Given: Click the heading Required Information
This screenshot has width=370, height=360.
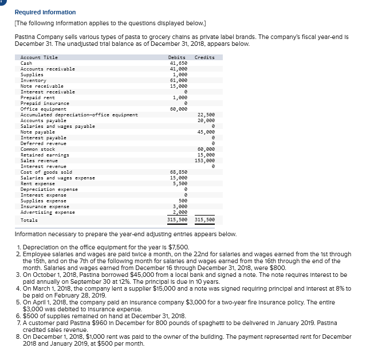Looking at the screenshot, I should tap(45, 12).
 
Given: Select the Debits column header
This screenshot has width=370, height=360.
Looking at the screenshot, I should tap(176, 57).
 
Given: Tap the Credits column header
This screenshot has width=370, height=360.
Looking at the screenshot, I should tap(204, 57).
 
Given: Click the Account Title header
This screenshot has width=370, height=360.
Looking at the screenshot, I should tap(39, 57).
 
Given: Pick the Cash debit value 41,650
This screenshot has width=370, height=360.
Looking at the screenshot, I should tap(178, 63).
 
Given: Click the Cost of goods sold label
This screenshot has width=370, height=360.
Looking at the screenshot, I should tap(46, 172).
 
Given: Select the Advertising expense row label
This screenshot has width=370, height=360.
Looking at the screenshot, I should tap(48, 212).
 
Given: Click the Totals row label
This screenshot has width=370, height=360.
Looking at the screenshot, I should tap(29, 220).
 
